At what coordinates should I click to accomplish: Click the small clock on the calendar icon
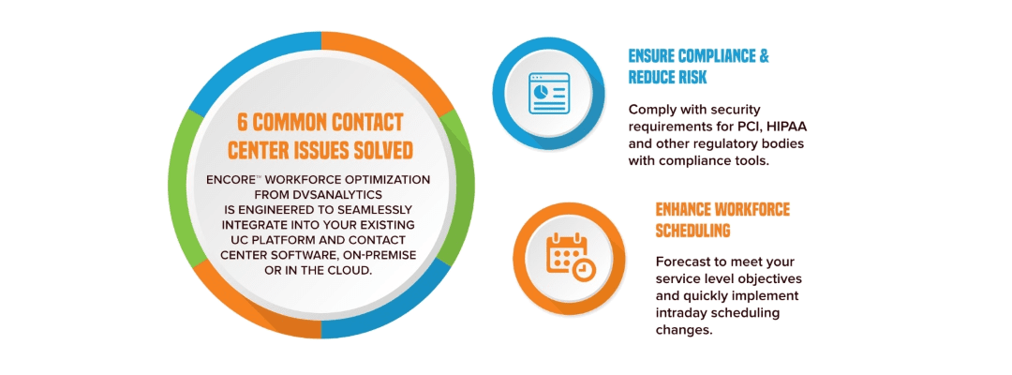583,269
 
